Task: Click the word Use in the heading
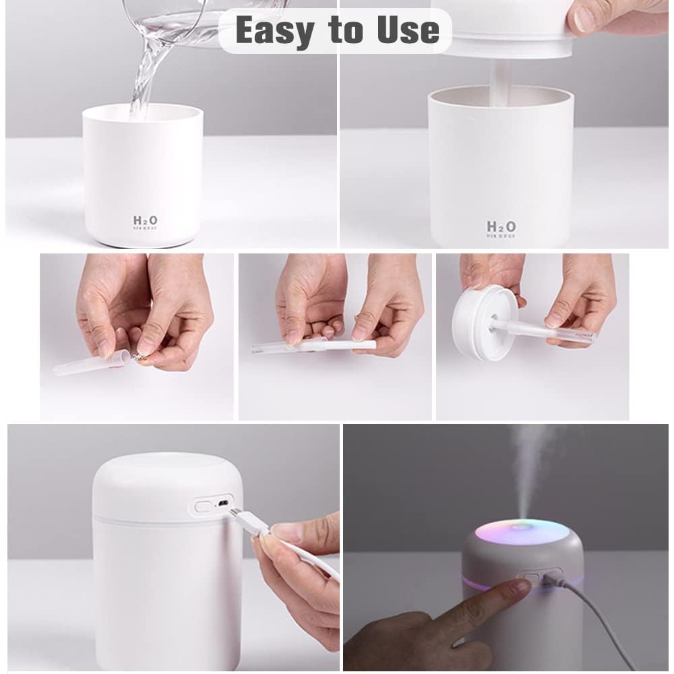point(407,31)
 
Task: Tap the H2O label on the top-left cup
point(145,221)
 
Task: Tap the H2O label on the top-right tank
point(501,227)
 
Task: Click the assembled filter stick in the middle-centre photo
point(317,346)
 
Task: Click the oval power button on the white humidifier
point(202,505)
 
